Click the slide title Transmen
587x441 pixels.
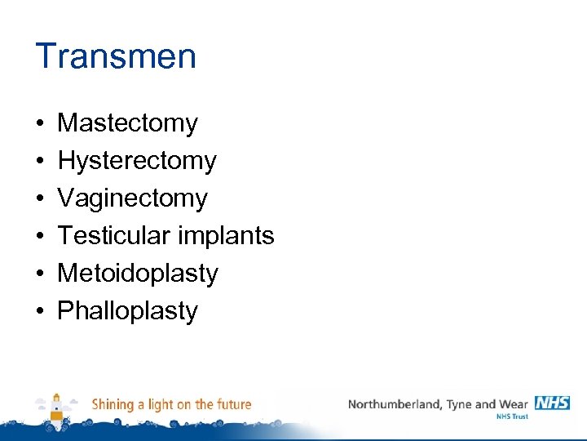116,56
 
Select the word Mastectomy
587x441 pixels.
127,123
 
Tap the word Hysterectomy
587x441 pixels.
137,161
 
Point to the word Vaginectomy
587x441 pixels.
132,198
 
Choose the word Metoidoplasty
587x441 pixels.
138,274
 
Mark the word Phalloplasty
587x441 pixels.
127,311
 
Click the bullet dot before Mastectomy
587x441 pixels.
39,124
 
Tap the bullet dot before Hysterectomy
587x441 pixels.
39,162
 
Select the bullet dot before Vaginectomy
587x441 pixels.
39,199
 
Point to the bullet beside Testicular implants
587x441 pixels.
39,237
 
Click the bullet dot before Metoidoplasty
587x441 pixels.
39,274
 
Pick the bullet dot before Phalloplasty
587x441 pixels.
39,312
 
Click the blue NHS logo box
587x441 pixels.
552,403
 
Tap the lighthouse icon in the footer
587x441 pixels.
56,408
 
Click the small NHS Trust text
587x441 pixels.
512,416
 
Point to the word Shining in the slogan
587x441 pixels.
113,405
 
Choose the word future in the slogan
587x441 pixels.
233,404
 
